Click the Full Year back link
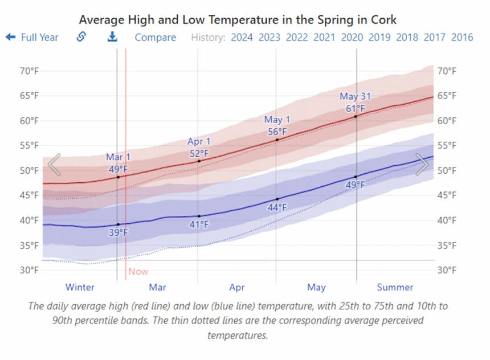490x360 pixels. [32, 38]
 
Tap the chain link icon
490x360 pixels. [81, 37]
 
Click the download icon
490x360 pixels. [112, 37]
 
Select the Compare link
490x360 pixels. [155, 38]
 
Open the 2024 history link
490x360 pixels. [242, 38]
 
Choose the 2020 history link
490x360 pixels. [352, 38]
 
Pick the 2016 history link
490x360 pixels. [462, 38]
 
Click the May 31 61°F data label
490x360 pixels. [355, 103]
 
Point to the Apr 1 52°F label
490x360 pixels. [199, 148]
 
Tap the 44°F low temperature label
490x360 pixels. [277, 207]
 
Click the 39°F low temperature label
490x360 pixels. [119, 232]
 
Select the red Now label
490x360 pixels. [138, 272]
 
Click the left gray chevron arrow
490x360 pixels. [54, 165]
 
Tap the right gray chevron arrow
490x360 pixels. [422, 165]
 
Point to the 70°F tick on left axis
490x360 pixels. [32, 71]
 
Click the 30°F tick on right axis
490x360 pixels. [446, 270]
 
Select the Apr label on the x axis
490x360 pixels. [237, 287]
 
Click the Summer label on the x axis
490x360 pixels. [395, 287]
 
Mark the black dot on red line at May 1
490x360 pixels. [277, 140]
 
